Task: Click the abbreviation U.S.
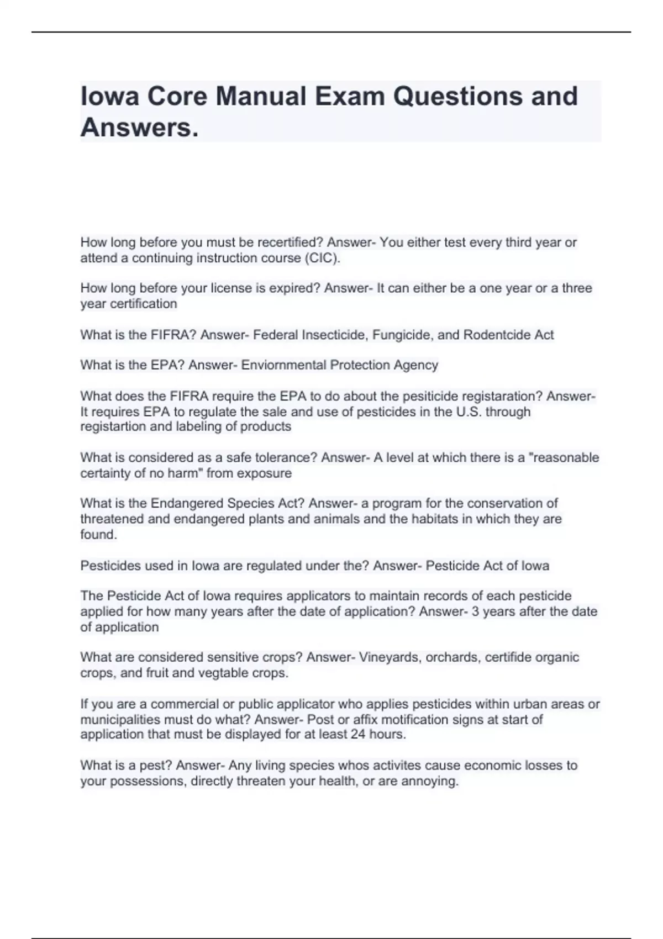(469, 412)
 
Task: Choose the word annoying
(429, 781)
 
